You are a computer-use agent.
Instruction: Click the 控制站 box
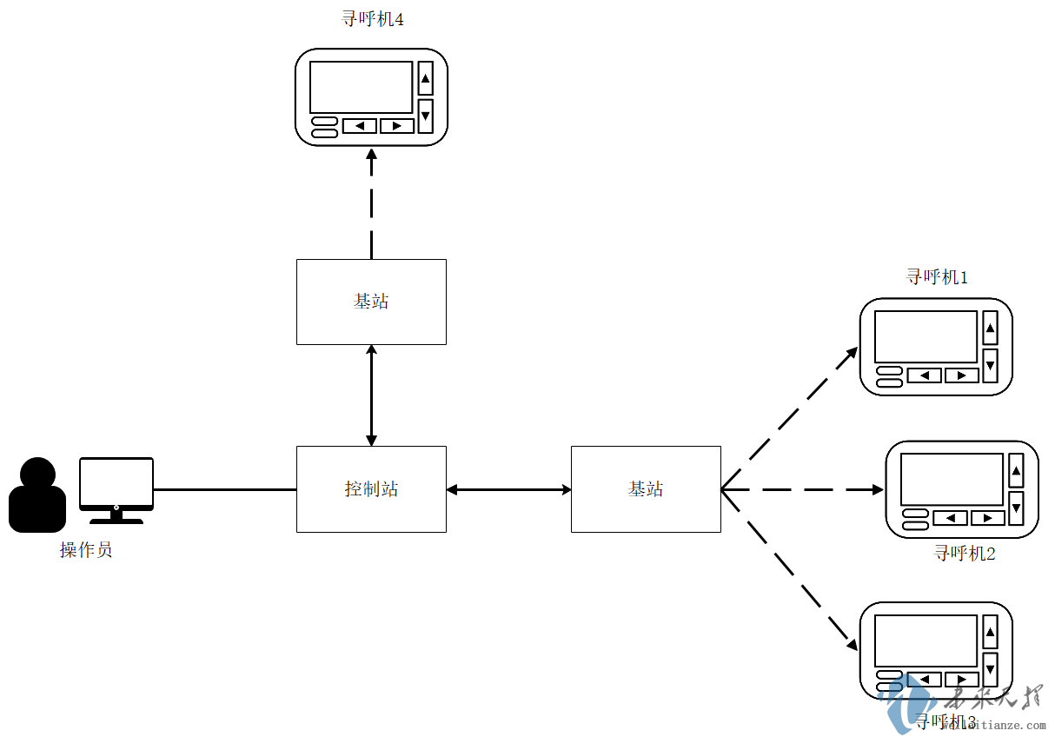371,489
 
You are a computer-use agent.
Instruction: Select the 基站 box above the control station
371,302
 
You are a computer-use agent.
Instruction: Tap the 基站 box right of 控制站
646,489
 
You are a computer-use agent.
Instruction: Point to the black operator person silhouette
37,495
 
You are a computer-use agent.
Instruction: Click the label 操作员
86,550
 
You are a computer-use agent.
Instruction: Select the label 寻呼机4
372,18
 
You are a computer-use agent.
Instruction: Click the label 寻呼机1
937,277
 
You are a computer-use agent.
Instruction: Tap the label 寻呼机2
965,553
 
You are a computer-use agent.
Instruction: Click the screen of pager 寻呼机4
361,87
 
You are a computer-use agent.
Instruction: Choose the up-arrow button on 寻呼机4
425,79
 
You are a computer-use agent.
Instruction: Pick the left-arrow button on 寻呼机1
924,375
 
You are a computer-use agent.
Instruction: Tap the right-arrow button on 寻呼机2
987,518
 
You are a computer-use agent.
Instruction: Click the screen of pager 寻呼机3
926,641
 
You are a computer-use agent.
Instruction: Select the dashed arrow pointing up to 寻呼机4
371,204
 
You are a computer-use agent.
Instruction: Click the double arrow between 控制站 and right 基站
508,489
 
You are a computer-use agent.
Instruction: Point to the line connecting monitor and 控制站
224,489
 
